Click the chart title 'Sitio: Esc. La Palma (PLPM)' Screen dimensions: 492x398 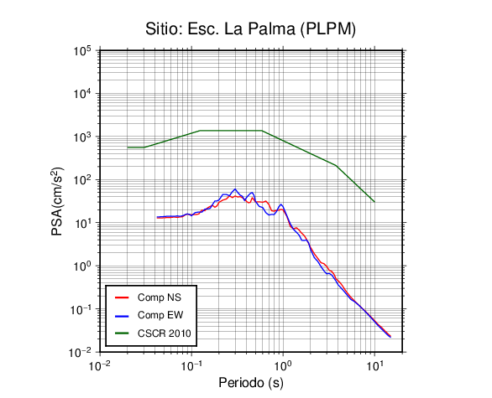(250, 29)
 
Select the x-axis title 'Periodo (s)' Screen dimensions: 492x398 (251, 383)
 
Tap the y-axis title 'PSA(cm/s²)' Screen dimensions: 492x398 (57, 201)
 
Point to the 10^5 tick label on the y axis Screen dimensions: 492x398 (82, 51)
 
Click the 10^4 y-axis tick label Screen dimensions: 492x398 (82, 94)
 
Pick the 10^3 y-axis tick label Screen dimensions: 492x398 (82, 137)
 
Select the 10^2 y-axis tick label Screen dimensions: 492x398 (82, 180)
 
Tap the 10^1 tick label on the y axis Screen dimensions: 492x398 (82, 223)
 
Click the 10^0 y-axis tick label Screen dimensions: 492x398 (82, 266)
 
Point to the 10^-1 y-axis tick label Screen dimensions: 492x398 (80, 309)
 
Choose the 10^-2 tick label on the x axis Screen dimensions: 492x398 (100, 365)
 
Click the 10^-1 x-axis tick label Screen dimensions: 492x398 (191, 365)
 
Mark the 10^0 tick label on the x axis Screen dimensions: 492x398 (283, 365)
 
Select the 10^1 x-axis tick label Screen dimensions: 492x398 (374, 365)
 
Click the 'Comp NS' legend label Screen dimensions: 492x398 (160, 297)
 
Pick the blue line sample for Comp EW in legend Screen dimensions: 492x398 (122, 316)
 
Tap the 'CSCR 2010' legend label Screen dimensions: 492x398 (165, 333)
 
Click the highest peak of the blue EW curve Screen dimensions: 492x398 (235, 189)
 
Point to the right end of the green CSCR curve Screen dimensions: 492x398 (374, 202)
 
